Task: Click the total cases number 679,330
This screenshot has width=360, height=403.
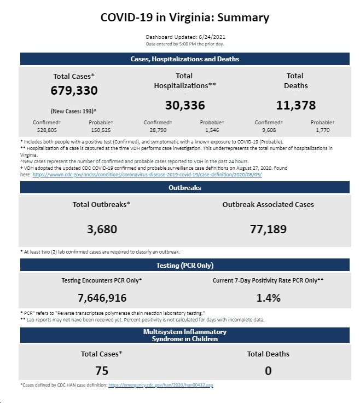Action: click(x=74, y=90)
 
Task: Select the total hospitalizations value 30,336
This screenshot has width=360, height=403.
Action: click(x=185, y=105)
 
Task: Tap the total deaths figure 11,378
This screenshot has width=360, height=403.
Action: click(x=296, y=105)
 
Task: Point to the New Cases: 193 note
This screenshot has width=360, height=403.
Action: click(x=74, y=111)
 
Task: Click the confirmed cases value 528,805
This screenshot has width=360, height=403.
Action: click(x=47, y=130)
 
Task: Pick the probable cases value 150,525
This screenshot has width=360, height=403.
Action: click(x=101, y=130)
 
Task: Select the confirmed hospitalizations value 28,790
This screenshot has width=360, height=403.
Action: click(x=158, y=130)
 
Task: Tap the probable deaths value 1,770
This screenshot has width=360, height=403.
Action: click(x=323, y=130)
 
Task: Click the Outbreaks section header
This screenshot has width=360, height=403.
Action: click(x=185, y=188)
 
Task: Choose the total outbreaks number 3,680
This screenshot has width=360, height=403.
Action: click(x=102, y=229)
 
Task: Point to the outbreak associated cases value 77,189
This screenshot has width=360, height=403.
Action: click(x=268, y=229)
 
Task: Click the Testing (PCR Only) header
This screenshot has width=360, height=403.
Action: click(x=185, y=265)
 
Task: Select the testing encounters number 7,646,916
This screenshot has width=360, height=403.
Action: click(x=102, y=298)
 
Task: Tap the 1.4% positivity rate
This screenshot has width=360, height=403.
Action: click(x=268, y=298)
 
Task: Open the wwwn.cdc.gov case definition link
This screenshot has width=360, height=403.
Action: click(x=147, y=175)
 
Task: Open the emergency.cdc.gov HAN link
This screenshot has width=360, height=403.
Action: click(x=161, y=385)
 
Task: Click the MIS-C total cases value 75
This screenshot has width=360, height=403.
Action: click(x=102, y=371)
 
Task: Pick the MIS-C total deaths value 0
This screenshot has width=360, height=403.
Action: click(x=268, y=371)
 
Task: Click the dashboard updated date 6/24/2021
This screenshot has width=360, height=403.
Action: click(x=212, y=37)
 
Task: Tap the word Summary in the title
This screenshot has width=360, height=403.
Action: click(x=243, y=18)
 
